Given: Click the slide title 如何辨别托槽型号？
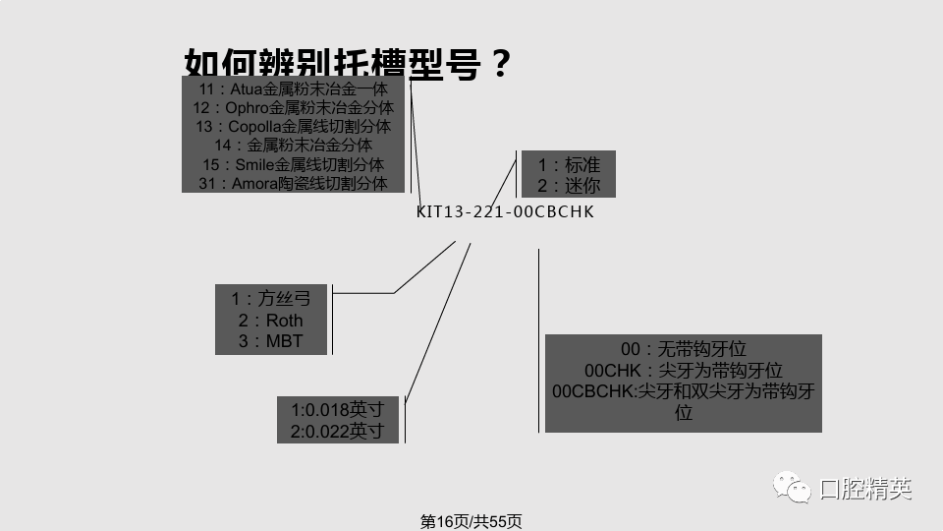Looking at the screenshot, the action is tap(348, 64).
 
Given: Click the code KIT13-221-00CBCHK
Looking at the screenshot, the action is tap(505, 211).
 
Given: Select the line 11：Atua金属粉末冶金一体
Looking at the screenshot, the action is tap(293, 89).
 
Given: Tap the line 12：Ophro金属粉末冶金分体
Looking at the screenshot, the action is tap(293, 108).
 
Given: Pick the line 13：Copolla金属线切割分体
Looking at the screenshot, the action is tap(293, 127).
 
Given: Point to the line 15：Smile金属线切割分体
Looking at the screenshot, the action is tap(293, 164).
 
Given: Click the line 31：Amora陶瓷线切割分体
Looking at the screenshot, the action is tap(293, 183).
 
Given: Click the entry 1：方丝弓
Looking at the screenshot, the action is tap(271, 298).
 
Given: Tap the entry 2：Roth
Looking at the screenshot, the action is tap(271, 321).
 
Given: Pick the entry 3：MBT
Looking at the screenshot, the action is tap(271, 342).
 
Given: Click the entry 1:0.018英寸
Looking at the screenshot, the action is tap(337, 409).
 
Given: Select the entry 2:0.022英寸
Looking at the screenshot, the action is tap(337, 431).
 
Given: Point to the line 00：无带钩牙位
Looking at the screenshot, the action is tap(684, 349).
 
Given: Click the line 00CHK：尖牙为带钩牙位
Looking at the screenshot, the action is tap(684, 371).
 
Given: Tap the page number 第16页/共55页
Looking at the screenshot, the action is tap(471, 521).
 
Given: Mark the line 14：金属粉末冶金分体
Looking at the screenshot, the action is tap(293, 146).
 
